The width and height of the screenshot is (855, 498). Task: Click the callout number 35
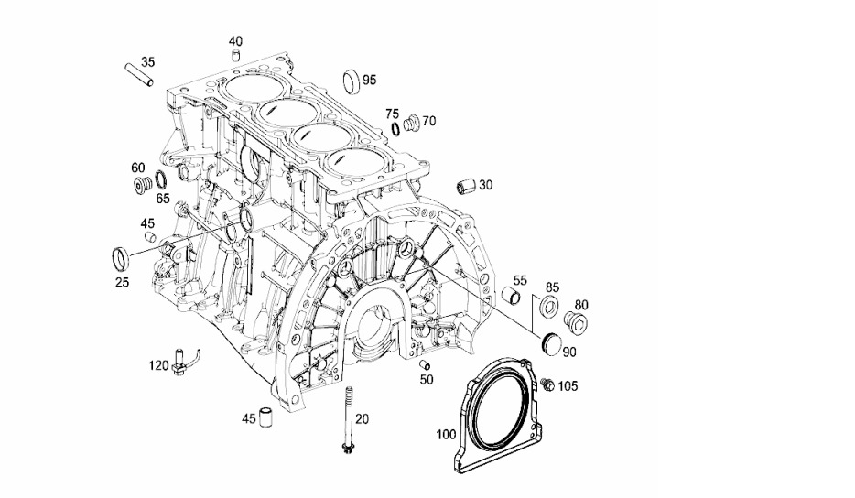148,61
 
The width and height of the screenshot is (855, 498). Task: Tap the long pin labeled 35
139,75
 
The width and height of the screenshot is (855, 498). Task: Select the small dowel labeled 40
236,56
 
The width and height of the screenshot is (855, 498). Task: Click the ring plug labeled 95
352,81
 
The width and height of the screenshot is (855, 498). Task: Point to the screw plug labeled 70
412,123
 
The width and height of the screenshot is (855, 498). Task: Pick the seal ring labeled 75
395,129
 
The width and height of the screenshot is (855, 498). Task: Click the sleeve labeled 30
467,187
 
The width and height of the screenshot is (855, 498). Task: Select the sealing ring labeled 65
160,179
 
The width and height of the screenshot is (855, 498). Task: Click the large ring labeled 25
121,258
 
